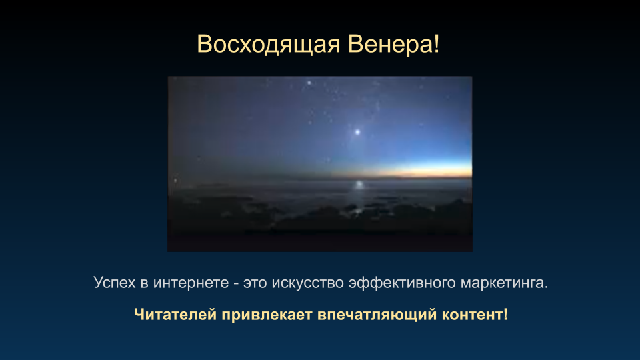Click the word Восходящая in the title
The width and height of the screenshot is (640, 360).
pyautogui.click(x=269, y=45)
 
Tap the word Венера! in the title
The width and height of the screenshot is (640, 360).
pyautogui.click(x=394, y=44)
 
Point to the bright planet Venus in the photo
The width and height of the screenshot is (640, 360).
pyautogui.click(x=357, y=132)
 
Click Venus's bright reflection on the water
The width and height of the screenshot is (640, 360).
pyautogui.click(x=359, y=185)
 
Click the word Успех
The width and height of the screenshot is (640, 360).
pyautogui.click(x=114, y=283)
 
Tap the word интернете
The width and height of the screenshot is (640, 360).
pyautogui.click(x=191, y=283)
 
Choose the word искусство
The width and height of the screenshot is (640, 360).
pyautogui.click(x=308, y=283)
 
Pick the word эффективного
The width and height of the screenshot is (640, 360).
pyautogui.click(x=402, y=283)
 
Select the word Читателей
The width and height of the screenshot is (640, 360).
pyautogui.click(x=175, y=315)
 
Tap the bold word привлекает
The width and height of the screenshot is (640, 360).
pyautogui.click(x=267, y=315)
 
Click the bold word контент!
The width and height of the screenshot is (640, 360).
pyautogui.click(x=475, y=315)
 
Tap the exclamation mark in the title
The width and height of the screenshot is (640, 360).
pyautogui.click(x=437, y=44)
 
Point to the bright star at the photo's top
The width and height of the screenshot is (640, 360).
pyautogui.click(x=309, y=83)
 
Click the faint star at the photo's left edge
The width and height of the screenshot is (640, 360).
pyautogui.click(x=175, y=181)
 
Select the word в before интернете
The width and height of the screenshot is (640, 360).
pyautogui.click(x=145, y=283)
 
